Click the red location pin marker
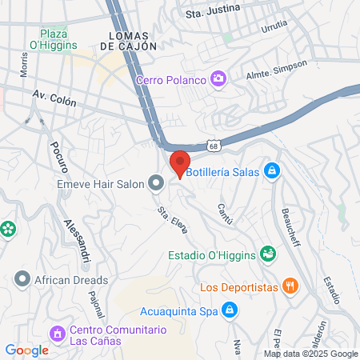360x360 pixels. pos(180,162)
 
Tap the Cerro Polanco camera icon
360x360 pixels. pos(217,78)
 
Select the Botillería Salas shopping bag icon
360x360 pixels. pos(272,170)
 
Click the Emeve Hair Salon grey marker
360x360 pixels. pos(156,185)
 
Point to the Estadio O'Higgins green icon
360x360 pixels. pos(268,254)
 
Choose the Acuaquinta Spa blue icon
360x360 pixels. pos(230,310)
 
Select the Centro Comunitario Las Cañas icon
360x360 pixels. pos(57,333)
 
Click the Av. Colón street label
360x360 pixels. pos(54,99)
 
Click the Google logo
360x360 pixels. pos(27,350)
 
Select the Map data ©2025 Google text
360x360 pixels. pos(311,354)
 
